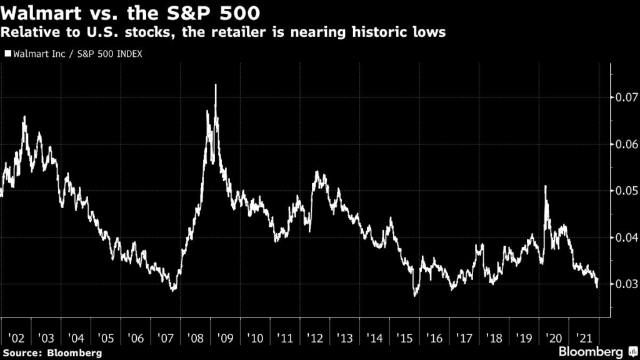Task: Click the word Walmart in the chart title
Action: click(x=41, y=13)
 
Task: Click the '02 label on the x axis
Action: click(x=16, y=338)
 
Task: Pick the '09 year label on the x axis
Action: click(x=225, y=338)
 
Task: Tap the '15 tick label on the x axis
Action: click(x=404, y=338)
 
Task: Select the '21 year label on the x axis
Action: click(x=584, y=338)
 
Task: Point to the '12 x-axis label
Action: click(x=315, y=338)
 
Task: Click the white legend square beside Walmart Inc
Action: click(x=7, y=54)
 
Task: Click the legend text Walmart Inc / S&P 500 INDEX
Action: click(x=77, y=54)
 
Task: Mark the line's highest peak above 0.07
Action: click(x=216, y=85)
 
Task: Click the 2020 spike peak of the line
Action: click(x=545, y=186)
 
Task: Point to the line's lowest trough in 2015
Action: click(x=415, y=296)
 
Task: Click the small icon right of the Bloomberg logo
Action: click(x=633, y=351)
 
